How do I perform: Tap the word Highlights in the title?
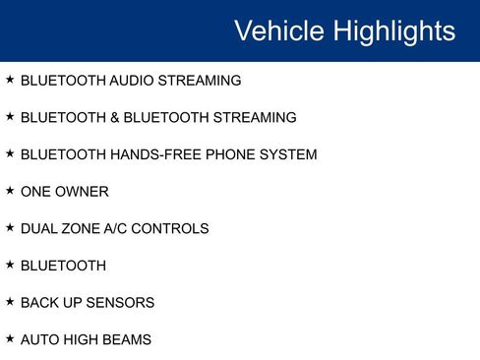pyautogui.click(x=394, y=31)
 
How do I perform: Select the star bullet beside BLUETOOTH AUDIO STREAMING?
pyautogui.click(x=10, y=80)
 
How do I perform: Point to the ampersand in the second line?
pyautogui.click(x=115, y=118)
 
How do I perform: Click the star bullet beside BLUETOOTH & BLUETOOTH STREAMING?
pyautogui.click(x=10, y=116)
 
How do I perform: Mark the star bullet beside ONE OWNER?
pyautogui.click(x=10, y=190)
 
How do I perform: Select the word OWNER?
pyautogui.click(x=84, y=192)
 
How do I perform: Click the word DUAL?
pyautogui.click(x=39, y=228)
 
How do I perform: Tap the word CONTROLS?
pyautogui.click(x=172, y=228)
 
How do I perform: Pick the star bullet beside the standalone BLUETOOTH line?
pyautogui.click(x=10, y=264)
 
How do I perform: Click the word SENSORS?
pyautogui.click(x=122, y=302)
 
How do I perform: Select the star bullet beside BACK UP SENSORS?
pyautogui.click(x=10, y=301)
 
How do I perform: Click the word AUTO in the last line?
pyautogui.click(x=40, y=339)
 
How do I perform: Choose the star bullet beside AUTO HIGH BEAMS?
pyautogui.click(x=10, y=337)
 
